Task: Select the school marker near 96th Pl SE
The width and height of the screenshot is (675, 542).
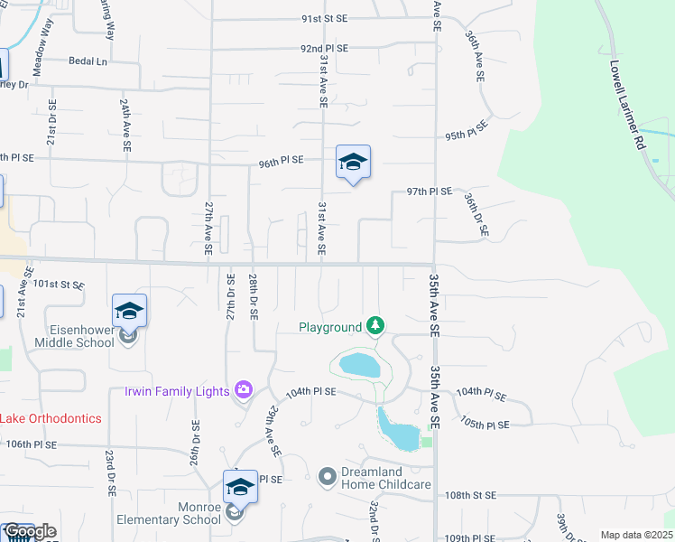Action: [354, 164]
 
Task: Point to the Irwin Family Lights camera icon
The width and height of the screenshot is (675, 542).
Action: [243, 390]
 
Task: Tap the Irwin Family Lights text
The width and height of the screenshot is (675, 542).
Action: [176, 391]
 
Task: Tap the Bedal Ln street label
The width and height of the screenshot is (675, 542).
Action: [88, 61]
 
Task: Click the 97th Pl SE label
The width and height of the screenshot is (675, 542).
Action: [429, 192]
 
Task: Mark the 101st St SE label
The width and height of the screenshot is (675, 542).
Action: [58, 284]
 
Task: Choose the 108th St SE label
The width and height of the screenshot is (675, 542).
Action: [471, 496]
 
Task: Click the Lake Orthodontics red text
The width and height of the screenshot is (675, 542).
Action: [51, 419]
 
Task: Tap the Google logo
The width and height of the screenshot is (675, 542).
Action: [29, 531]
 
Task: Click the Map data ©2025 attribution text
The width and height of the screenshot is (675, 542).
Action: [636, 535]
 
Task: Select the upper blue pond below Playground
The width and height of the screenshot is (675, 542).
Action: [360, 365]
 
